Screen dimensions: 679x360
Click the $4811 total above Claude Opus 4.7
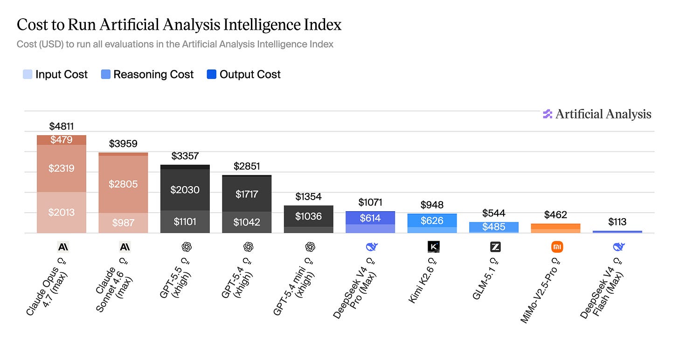tap(61, 126)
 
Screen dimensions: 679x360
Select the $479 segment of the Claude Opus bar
tap(62, 140)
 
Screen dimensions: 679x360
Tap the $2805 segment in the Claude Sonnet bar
tap(123, 184)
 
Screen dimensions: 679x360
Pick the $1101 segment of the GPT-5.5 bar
tap(185, 222)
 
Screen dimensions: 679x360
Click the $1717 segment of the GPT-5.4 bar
tap(247, 194)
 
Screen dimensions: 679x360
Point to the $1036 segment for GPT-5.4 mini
tap(309, 216)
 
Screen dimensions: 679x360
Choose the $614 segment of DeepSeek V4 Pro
tap(370, 218)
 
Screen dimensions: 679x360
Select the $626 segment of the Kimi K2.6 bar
tap(432, 221)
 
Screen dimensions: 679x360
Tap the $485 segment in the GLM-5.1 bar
tap(494, 227)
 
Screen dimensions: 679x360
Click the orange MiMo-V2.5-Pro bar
tap(555, 228)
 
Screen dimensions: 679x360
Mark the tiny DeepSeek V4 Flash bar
tap(617, 232)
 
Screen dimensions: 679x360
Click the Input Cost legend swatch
tap(28, 74)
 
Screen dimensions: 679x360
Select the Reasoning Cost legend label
tap(153, 75)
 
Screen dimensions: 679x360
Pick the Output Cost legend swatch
tap(212, 74)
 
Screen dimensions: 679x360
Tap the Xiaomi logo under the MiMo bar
tap(557, 247)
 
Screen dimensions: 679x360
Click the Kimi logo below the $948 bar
tap(434, 247)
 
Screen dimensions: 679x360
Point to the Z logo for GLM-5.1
tap(495, 247)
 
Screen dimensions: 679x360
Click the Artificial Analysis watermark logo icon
tap(547, 114)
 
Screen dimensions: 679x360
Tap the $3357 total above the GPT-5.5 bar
tap(185, 156)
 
